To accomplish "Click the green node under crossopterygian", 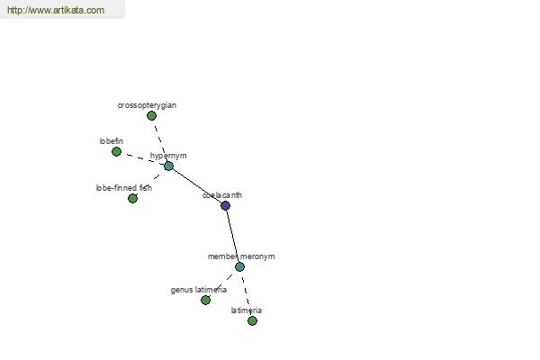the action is coord(151,116).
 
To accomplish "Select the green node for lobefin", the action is coord(116,151).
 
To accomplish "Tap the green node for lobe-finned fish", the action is coord(132,198).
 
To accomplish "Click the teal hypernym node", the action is coord(168,166).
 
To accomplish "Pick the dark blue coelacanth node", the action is coord(225,206).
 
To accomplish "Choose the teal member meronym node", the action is coord(239,266).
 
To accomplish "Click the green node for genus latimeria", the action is coord(205,300).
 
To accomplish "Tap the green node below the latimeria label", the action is coord(252,320).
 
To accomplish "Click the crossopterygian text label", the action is coord(147,105).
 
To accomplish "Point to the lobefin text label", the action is coord(112,141).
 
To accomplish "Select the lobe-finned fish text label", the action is coord(124,188).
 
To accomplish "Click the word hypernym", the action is coord(168,156).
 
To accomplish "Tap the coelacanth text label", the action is coord(222,195).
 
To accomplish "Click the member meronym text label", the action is coord(241,256).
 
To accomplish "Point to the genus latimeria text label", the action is coord(199,290).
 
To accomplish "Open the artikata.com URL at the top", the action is coord(56,10).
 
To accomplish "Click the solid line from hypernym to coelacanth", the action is coord(196,185).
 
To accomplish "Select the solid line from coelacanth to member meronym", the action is coord(232,236).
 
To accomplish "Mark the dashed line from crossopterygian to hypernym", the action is coord(160,141).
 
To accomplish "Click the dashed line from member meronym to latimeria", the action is coord(246,293).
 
